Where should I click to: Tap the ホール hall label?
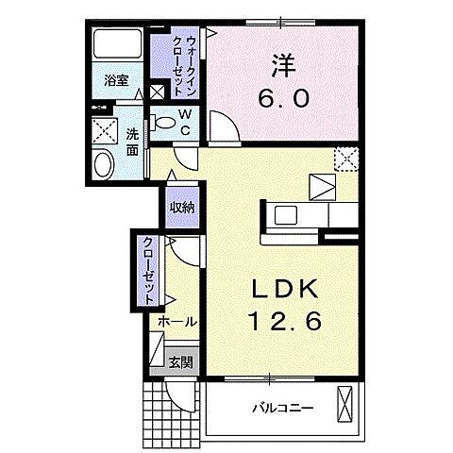click(x=176, y=322)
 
